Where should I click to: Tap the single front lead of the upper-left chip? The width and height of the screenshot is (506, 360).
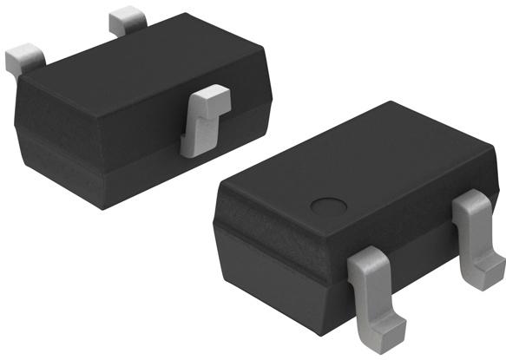[x=206, y=121]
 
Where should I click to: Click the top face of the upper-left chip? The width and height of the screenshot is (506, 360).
[x=139, y=69]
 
